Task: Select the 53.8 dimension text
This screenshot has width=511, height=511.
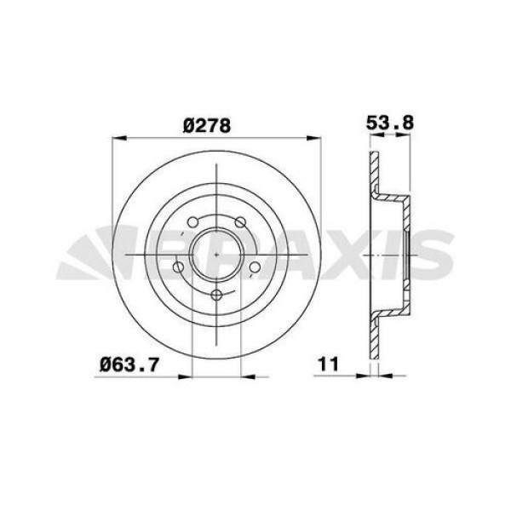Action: (x=389, y=122)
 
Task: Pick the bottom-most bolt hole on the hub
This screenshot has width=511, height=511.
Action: (x=217, y=295)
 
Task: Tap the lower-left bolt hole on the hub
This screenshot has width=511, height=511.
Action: (x=178, y=269)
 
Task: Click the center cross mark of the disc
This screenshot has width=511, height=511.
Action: (x=217, y=254)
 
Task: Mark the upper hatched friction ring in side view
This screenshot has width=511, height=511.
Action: (x=372, y=175)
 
